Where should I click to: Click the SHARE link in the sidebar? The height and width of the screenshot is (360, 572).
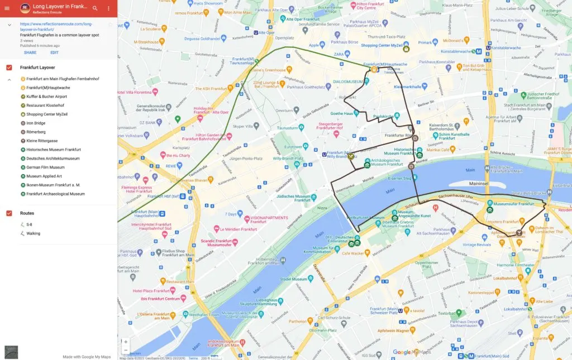30,52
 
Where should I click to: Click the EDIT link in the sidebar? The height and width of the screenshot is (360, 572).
54,52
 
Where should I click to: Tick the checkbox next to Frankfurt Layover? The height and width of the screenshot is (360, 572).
9,68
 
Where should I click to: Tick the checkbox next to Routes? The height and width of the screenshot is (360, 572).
9,213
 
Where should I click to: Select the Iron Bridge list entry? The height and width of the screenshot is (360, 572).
36,123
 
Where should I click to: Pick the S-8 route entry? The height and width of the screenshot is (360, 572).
30,224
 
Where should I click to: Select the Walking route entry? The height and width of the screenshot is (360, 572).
33,233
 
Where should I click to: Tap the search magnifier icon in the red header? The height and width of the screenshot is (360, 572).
95,8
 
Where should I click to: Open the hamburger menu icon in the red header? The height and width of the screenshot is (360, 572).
7,8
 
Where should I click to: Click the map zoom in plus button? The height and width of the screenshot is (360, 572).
126,342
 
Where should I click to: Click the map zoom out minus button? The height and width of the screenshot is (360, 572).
126,351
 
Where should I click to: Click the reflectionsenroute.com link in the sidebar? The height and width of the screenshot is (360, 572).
56,27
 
